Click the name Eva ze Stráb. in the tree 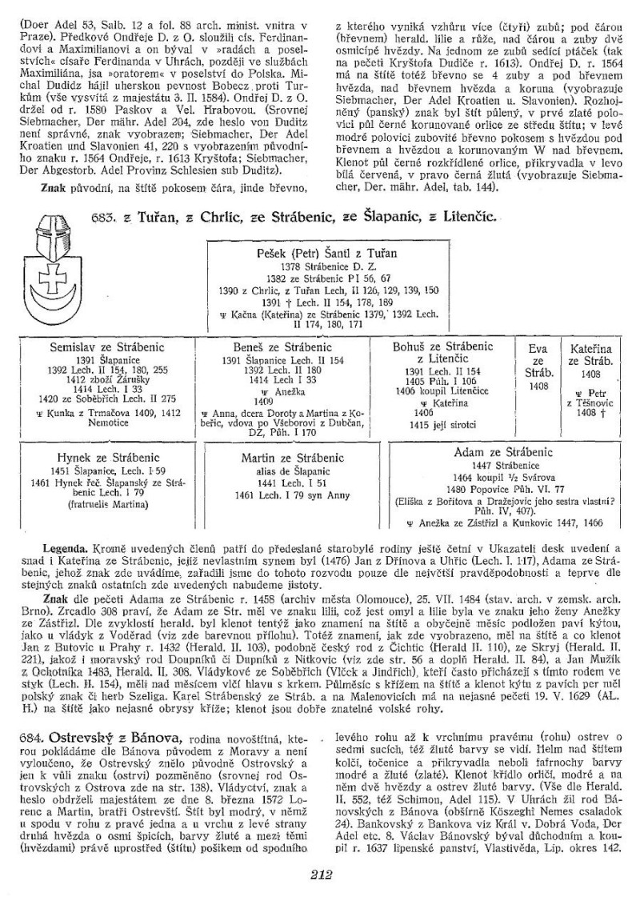pyautogui.click(x=538, y=361)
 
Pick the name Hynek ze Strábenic pyautogui.click(x=99, y=458)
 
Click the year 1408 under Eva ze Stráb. pyautogui.click(x=538, y=386)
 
